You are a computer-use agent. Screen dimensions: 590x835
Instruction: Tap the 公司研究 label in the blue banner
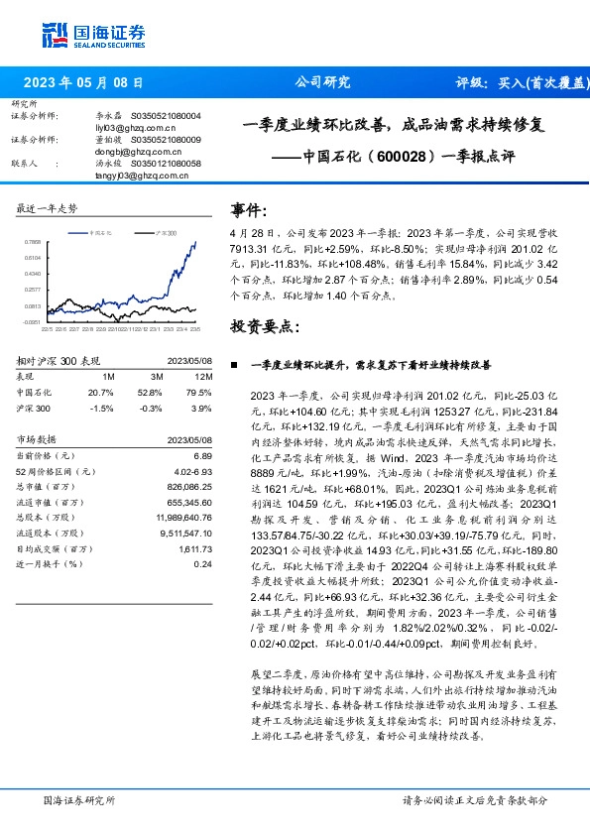click(322, 83)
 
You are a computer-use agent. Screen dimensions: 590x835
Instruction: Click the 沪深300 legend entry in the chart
click(166, 231)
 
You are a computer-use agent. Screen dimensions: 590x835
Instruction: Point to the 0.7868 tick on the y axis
click(33, 241)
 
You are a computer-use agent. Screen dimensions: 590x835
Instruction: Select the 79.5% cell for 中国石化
click(202, 393)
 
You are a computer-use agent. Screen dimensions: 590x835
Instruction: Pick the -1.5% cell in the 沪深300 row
click(102, 408)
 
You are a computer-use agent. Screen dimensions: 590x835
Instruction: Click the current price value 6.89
click(204, 455)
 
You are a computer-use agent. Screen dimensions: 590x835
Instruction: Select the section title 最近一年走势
click(49, 208)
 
